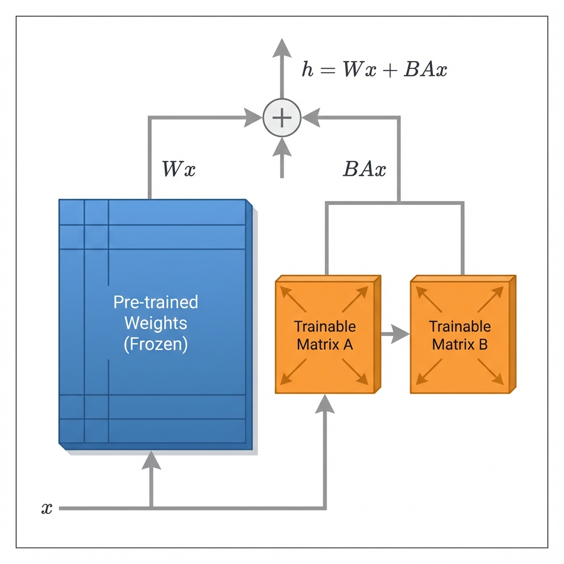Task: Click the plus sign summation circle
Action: [x=281, y=117]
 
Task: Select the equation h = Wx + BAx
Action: [x=375, y=70]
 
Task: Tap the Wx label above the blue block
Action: [x=178, y=169]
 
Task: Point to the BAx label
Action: [x=364, y=169]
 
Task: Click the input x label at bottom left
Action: [x=47, y=508]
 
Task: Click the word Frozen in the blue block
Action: [x=155, y=344]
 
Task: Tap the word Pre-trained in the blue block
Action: [x=155, y=302]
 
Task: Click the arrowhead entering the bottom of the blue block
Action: [x=151, y=460]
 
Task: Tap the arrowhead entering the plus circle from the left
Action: [x=253, y=117]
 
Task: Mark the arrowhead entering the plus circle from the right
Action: [x=310, y=117]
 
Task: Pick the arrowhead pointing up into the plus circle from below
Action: [x=281, y=145]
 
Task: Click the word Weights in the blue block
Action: [x=155, y=323]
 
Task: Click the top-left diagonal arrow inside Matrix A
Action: [x=292, y=297]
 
